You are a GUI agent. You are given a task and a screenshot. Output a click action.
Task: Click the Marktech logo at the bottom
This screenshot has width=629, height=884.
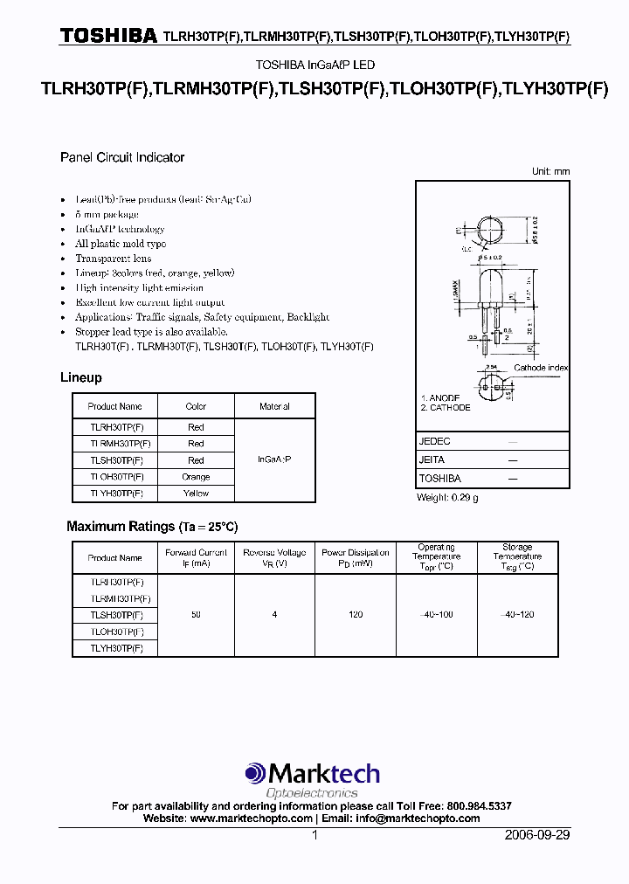pos(313,774)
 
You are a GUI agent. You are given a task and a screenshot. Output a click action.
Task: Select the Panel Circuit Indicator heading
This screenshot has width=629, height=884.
pos(122,157)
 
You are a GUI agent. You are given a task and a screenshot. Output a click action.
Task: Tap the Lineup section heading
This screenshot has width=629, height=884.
pos(81,377)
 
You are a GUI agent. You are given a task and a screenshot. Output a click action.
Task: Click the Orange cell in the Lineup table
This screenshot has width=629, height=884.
pos(196,477)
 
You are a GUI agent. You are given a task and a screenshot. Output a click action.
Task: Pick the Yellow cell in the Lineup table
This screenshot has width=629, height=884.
pos(196,494)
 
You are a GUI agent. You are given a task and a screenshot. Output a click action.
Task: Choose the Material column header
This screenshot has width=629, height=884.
pos(274,406)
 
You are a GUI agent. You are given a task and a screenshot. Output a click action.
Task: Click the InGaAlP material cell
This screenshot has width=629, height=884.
pos(274,459)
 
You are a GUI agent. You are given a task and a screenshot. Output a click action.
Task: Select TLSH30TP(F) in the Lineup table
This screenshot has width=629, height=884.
pos(115,460)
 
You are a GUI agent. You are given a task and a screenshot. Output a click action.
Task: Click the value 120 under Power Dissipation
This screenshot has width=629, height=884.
pos(356,615)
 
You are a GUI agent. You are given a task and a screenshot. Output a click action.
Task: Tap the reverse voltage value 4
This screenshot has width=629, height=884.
pos(274,615)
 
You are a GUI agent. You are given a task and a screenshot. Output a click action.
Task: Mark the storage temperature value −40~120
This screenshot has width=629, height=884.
pos(517,615)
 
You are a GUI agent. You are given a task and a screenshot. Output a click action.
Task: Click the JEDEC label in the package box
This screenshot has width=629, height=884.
pos(435,442)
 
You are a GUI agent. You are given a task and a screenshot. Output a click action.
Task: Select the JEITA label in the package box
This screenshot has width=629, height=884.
pos(432,459)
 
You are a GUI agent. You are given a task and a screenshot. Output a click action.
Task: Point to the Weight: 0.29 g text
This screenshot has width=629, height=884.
pos(447,497)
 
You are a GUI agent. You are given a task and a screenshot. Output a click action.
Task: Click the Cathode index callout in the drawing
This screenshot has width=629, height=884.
pos(541,368)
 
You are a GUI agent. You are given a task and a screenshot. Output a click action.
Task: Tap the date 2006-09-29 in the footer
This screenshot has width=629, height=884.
pos(537,835)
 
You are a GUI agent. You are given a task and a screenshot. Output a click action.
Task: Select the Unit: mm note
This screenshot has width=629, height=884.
pos(550,172)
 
